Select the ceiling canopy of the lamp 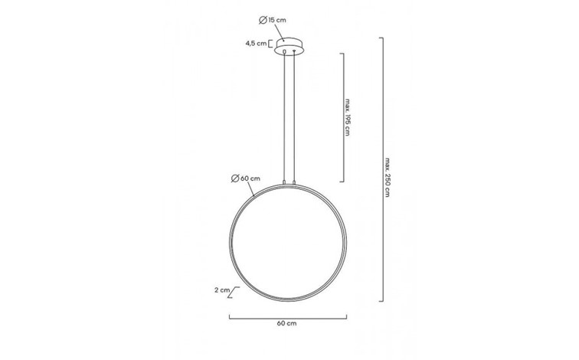click(x=290, y=45)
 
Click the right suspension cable click(x=294, y=115)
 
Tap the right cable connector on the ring click(x=294, y=182)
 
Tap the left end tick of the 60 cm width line click(x=229, y=316)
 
